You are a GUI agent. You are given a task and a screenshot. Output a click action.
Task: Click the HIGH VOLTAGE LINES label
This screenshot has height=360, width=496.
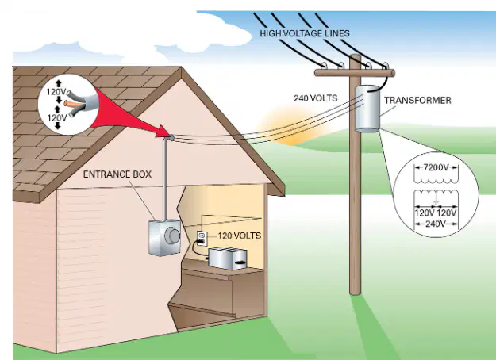point(305,33)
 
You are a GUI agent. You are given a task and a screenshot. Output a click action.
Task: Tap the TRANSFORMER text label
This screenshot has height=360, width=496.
point(417,101)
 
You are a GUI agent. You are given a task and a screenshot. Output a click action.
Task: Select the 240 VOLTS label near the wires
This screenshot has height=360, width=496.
point(315,98)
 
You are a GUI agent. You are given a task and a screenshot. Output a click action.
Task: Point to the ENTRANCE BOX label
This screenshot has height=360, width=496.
point(117,174)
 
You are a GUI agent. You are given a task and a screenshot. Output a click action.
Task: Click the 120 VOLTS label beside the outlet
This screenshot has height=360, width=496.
point(240,236)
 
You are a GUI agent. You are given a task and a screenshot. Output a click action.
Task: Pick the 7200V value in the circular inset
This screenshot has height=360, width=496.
point(436,167)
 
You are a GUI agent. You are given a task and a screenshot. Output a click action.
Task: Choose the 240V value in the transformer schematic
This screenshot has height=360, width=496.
point(436,224)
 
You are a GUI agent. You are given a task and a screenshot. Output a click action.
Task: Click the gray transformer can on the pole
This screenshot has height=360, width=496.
point(367,108)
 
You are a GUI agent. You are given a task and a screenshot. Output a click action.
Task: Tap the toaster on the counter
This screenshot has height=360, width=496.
point(228,259)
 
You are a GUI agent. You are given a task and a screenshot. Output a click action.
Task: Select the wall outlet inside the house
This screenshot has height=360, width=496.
point(202,238)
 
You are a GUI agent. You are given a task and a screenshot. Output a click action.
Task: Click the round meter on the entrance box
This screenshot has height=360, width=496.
point(173,236)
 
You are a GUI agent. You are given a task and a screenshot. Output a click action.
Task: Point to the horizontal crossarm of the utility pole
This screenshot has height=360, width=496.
point(355,73)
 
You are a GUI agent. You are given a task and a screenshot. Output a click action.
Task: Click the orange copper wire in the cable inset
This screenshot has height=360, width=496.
point(73,103)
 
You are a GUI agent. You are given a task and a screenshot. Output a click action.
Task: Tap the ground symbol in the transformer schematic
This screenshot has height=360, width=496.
point(436,201)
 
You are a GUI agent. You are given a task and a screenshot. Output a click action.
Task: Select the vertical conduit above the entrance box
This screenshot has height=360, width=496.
point(165,178)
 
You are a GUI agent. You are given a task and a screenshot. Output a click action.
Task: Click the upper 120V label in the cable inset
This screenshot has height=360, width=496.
point(56,92)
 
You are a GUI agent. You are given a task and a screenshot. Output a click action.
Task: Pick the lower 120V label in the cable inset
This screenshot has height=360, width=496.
point(57,118)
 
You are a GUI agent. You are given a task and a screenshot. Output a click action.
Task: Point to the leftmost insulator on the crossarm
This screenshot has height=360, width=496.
point(324,66)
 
